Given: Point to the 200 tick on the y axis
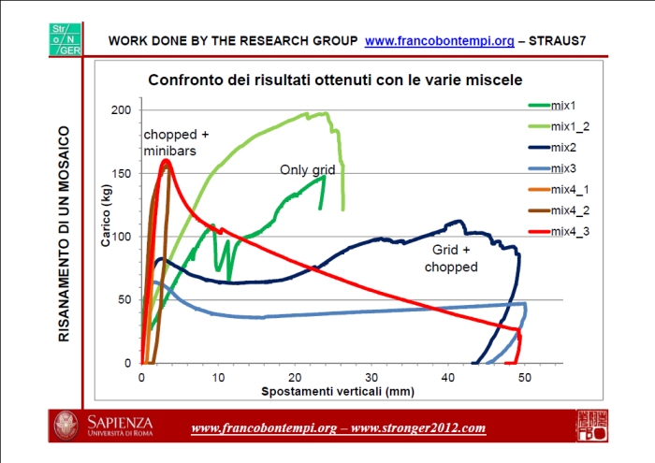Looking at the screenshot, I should tap(123, 110).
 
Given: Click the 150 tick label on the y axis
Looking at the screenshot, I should tap(123, 174).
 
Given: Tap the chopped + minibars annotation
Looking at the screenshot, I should tap(176, 142).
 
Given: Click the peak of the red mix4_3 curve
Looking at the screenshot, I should tap(166, 161).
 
